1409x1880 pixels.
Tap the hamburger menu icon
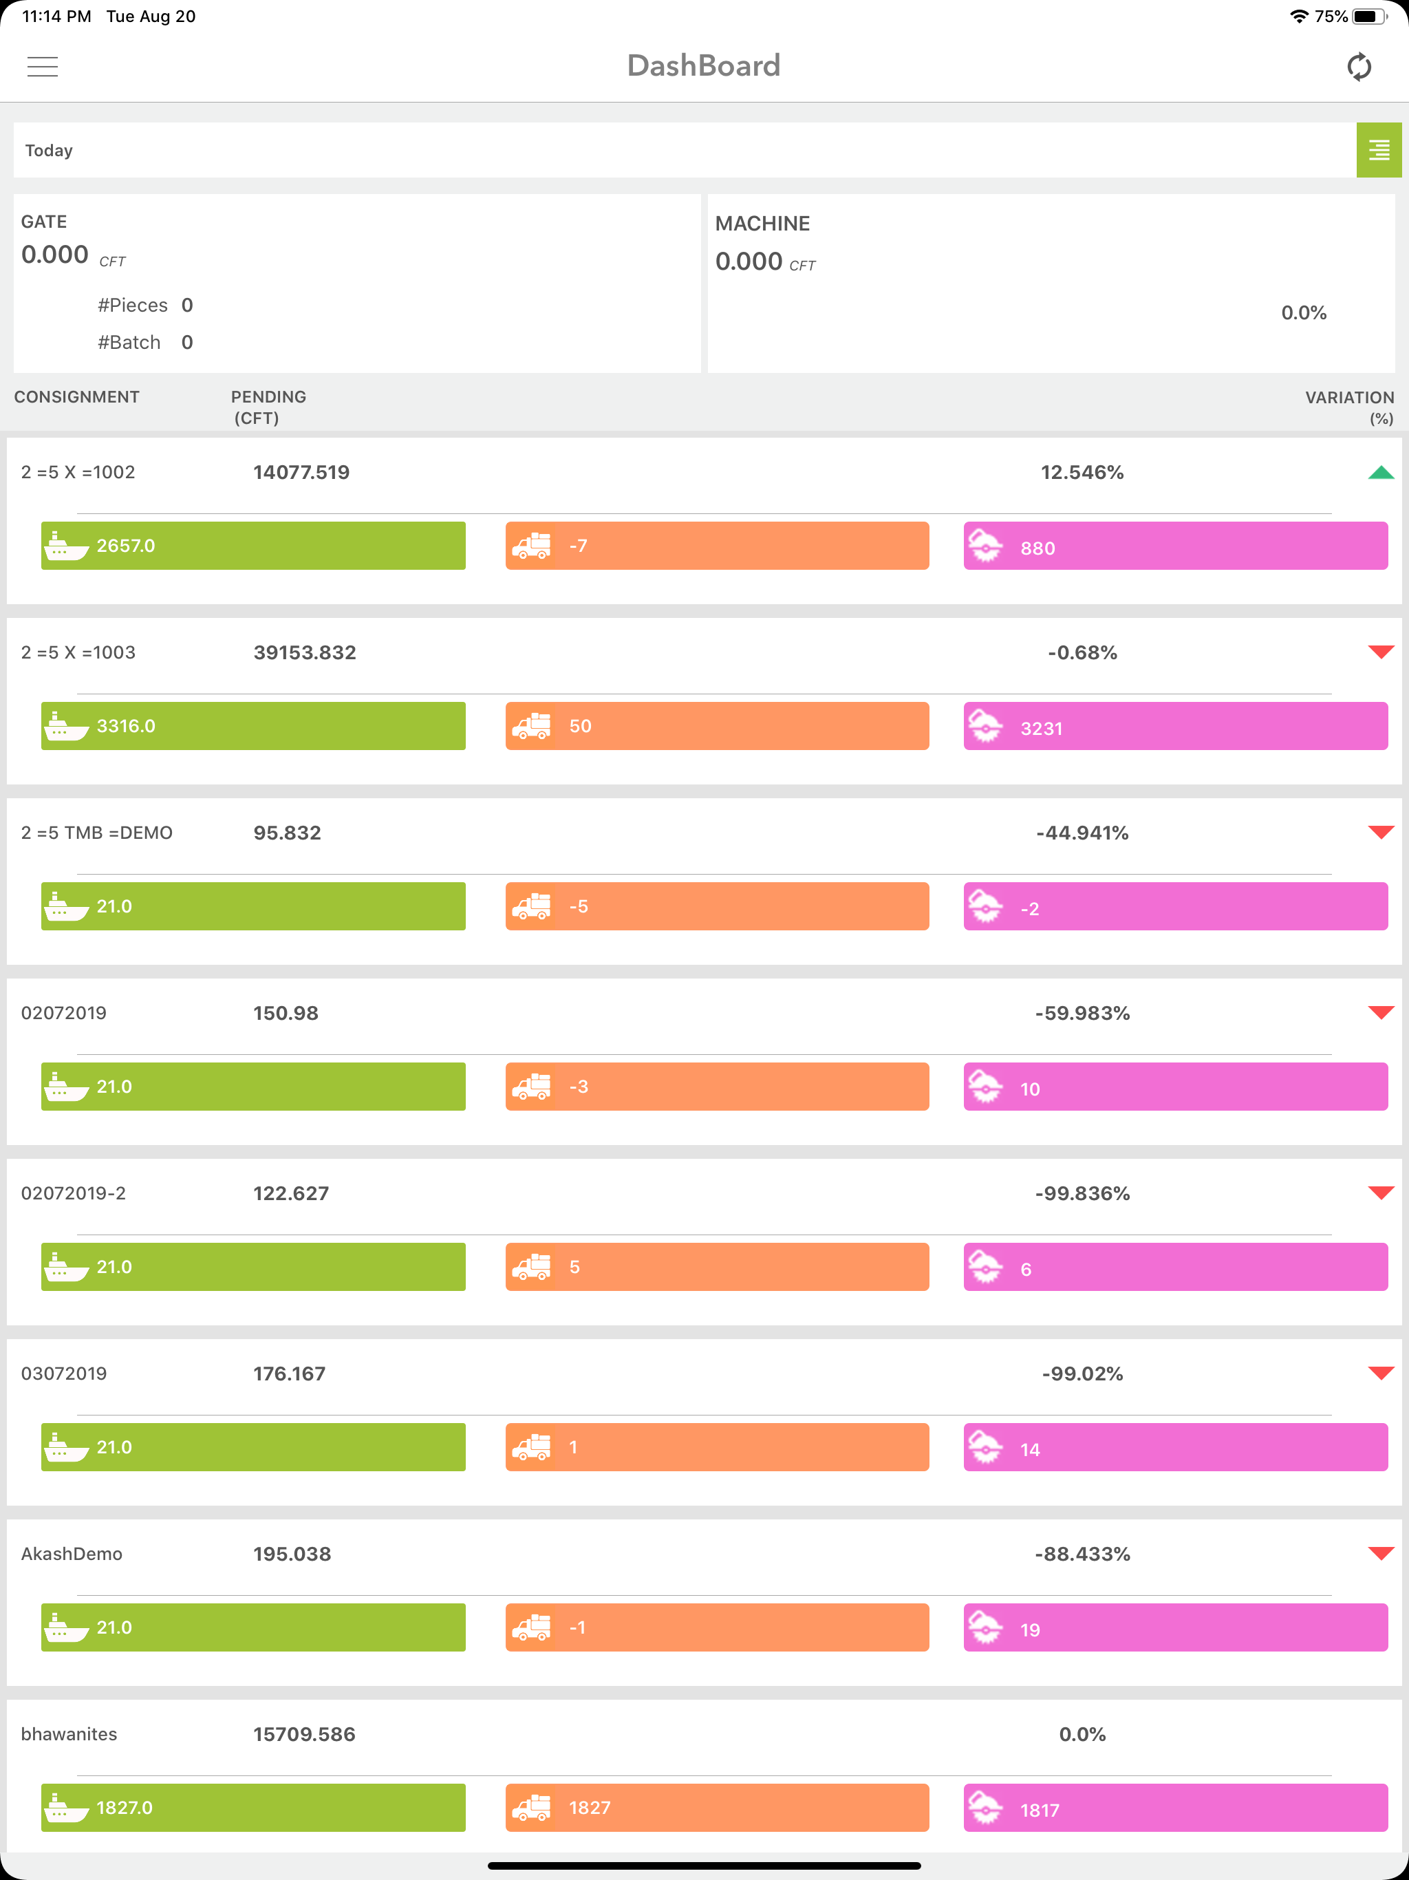point(43,66)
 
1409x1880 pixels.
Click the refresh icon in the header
point(1359,66)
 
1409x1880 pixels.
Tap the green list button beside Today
point(1379,151)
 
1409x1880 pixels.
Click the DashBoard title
point(704,65)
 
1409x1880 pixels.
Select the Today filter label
point(50,151)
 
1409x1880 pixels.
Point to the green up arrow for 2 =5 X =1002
point(1381,473)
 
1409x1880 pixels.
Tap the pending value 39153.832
point(304,653)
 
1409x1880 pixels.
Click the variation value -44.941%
point(1082,833)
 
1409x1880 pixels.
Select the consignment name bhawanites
point(69,1734)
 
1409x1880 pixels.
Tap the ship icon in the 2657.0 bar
point(65,546)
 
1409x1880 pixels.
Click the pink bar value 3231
point(1041,728)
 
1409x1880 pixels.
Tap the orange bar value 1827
point(590,1808)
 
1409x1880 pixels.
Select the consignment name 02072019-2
point(73,1193)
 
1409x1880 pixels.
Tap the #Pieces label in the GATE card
point(133,305)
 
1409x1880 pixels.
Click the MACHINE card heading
point(762,224)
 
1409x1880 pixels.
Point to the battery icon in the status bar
point(1369,16)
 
